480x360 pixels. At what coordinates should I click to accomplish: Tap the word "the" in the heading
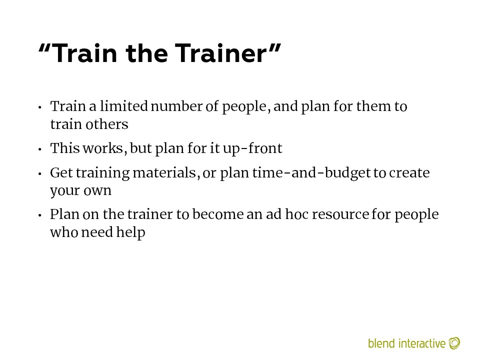click(x=146, y=53)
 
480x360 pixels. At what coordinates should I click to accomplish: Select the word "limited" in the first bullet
click(x=124, y=106)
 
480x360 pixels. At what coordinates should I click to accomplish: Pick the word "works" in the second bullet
click(x=103, y=148)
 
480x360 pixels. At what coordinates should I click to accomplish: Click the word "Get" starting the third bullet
click(x=61, y=172)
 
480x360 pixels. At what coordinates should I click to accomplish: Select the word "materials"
click(x=164, y=172)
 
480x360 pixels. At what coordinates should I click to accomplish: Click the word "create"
click(x=409, y=173)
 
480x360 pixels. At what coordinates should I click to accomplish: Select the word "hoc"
click(x=296, y=214)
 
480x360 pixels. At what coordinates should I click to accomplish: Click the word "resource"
click(x=340, y=214)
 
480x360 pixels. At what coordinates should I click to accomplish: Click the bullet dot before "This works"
click(x=40, y=149)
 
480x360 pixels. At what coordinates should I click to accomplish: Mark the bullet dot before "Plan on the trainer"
click(x=40, y=215)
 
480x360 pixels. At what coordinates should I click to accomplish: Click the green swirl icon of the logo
click(x=454, y=343)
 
